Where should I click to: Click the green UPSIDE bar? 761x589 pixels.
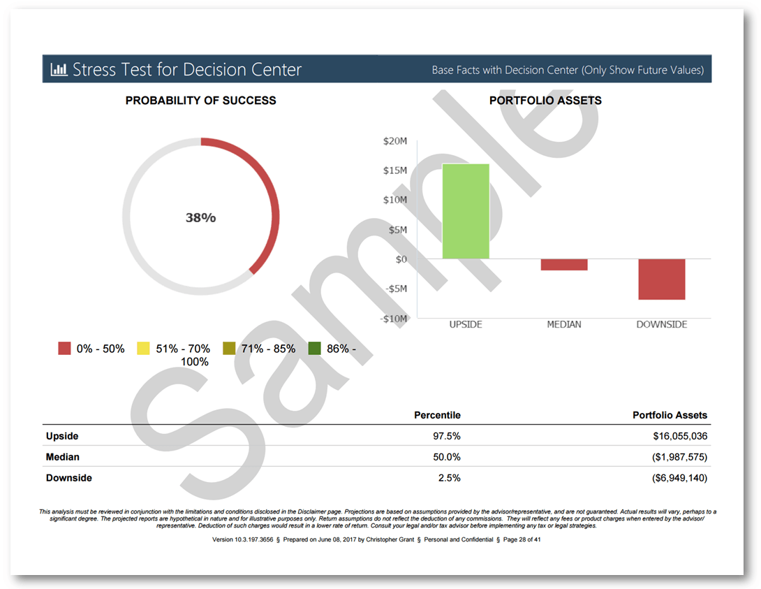[466, 211]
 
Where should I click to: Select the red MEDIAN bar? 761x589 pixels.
[564, 264]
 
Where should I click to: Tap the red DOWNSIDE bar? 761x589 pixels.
[662, 279]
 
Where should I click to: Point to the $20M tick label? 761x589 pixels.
[394, 141]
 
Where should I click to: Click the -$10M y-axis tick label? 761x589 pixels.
[394, 318]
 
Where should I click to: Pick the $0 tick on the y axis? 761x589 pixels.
[401, 259]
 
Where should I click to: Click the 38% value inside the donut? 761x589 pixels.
[200, 218]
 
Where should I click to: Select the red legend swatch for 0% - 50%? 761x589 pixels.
[65, 348]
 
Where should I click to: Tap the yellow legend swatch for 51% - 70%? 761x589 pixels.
[143, 348]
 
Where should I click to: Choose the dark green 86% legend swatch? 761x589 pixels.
[315, 348]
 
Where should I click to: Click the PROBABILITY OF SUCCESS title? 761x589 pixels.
[200, 101]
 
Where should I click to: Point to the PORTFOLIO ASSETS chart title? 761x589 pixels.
[545, 101]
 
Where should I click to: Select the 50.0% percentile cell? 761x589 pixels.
[446, 457]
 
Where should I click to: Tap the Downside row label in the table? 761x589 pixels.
[69, 478]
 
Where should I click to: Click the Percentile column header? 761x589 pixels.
[437, 415]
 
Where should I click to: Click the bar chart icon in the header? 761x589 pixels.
[59, 70]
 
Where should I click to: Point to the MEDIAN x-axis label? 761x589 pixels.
[564, 324]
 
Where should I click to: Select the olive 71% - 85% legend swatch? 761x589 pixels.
[229, 348]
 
